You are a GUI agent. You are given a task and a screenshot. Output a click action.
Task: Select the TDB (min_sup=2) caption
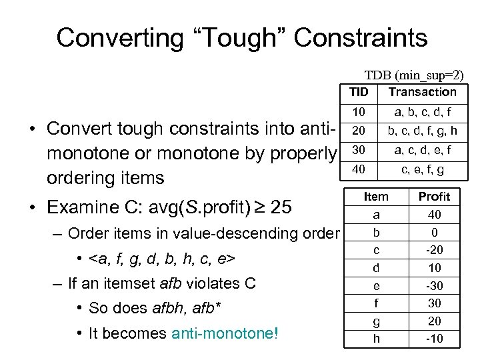tap(413, 76)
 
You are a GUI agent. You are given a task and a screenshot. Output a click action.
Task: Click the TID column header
tap(359, 92)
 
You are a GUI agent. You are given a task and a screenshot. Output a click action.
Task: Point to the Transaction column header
tap(422, 92)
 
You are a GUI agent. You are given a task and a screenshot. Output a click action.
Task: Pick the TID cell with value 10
tap(359, 113)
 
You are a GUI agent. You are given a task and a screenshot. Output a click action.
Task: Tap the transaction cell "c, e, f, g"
tap(422, 170)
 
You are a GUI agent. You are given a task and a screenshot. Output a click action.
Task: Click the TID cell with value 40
tap(359, 170)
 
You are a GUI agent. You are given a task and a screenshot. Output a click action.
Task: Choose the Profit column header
tap(434, 197)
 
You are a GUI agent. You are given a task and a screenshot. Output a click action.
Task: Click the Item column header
tap(377, 197)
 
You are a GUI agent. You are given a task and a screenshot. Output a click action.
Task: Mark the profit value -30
tap(434, 286)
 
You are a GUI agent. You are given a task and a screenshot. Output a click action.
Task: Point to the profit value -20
tap(434, 250)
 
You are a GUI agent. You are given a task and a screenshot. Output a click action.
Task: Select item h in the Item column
tap(377, 339)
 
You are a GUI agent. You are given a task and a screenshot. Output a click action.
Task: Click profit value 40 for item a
tap(434, 215)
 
